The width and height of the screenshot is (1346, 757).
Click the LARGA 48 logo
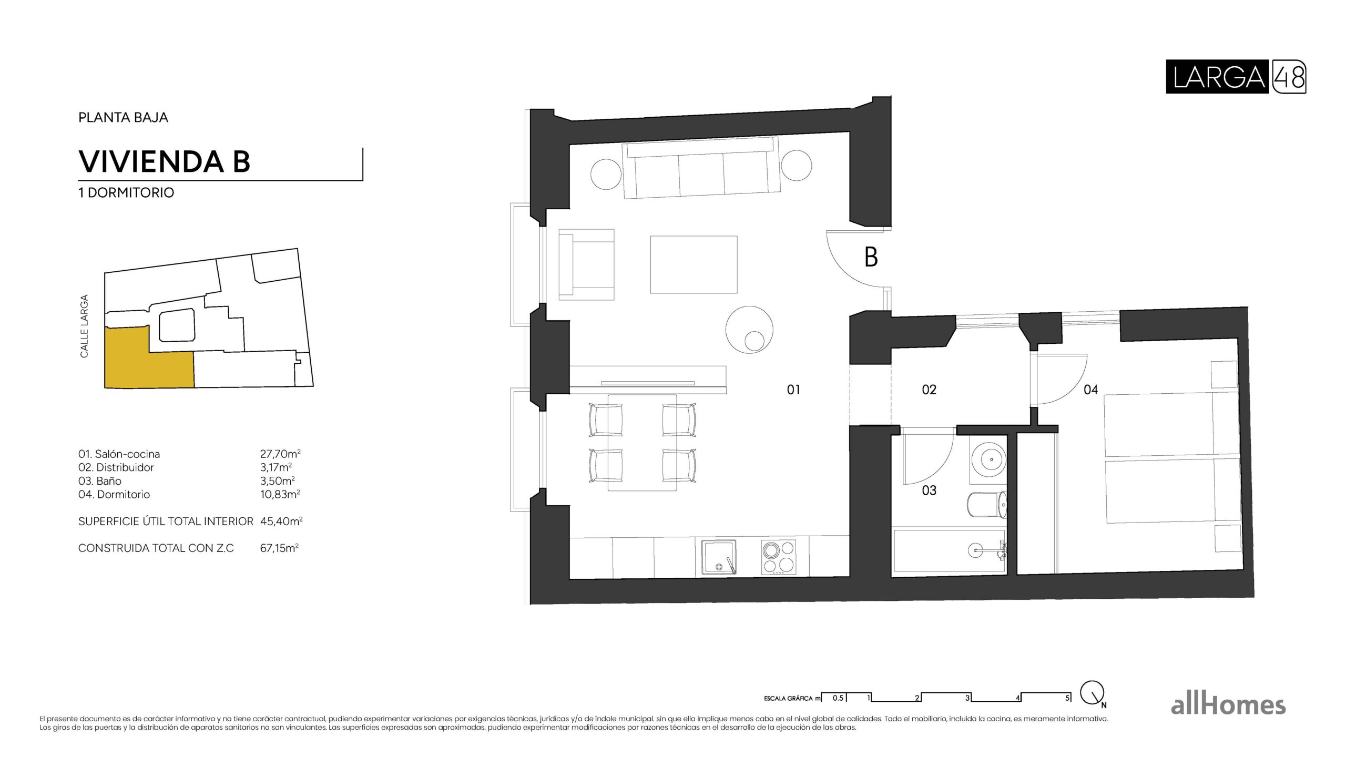point(1236,77)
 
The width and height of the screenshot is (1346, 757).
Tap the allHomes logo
point(1228,705)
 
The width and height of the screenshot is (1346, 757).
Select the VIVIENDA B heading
point(164,161)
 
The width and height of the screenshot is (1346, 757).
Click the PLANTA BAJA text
point(123,117)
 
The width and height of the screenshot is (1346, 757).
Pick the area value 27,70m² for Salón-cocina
point(280,454)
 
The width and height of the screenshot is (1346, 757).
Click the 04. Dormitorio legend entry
point(114,494)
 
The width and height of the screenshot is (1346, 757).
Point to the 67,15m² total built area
point(279,548)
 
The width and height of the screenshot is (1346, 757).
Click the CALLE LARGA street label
point(84,326)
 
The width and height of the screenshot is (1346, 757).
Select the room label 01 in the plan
point(793,390)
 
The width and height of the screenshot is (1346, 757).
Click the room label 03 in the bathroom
point(929,490)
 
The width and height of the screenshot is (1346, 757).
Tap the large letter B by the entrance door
point(871,258)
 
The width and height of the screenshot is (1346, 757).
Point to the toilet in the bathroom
point(986,505)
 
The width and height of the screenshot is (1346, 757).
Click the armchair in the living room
point(587,264)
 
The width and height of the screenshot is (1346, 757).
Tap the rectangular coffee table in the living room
point(694,264)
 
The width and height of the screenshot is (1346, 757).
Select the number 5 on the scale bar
point(1067,698)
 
